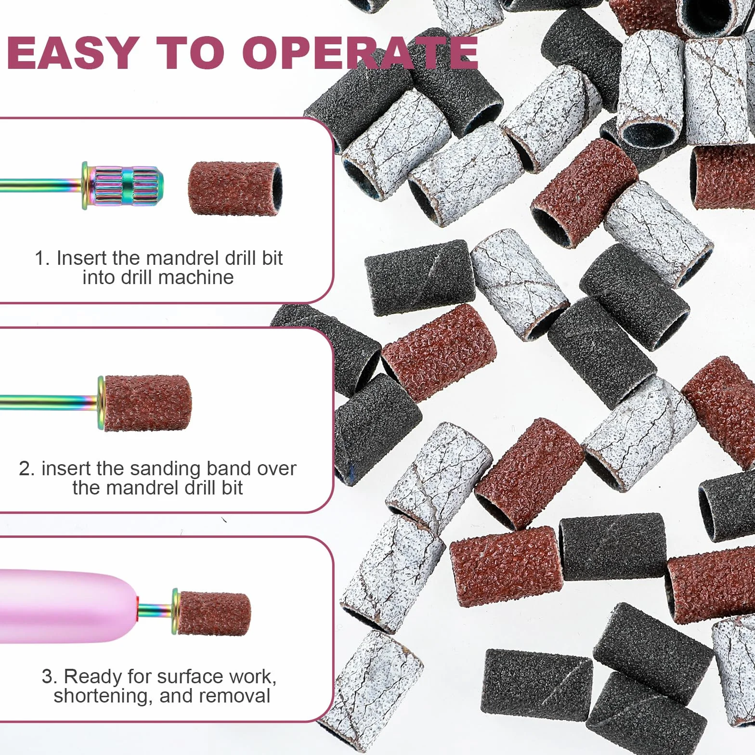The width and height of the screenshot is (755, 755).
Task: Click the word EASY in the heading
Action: [73, 52]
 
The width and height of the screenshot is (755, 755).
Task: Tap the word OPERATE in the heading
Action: [360, 52]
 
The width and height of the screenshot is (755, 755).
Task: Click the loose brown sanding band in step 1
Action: [234, 188]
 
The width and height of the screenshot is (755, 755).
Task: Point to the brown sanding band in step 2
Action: [147, 403]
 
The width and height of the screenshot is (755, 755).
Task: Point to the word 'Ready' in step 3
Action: [93, 677]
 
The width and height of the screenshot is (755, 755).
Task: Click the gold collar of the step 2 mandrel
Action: [101, 403]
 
